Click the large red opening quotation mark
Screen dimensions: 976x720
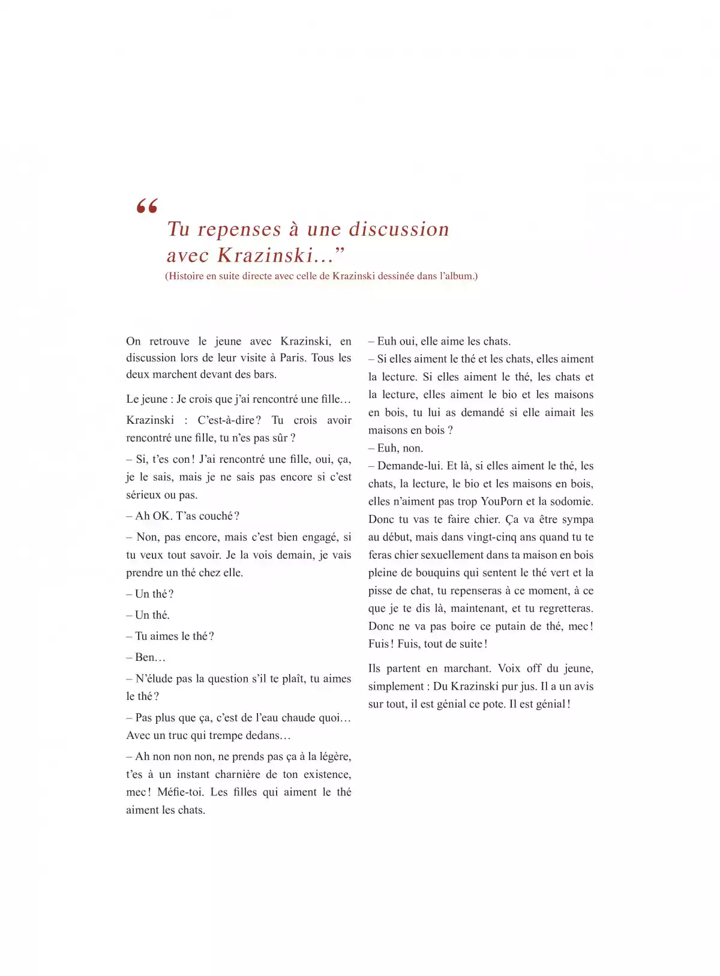(x=147, y=206)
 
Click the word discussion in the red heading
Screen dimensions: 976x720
(x=399, y=229)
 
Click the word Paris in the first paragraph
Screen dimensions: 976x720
(x=291, y=358)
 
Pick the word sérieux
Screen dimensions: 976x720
(x=143, y=495)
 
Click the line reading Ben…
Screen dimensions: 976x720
(x=146, y=657)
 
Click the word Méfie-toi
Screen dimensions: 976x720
(x=180, y=792)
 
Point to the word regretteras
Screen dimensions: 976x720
(x=565, y=609)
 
